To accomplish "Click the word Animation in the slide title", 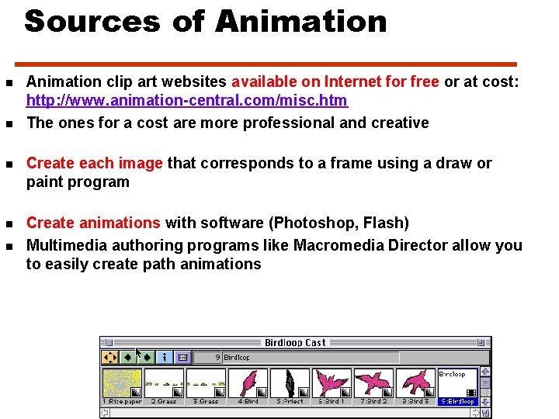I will (300, 21).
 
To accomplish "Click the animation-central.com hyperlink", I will (187, 101).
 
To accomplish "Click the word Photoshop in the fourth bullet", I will (307, 223).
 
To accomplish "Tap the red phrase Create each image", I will (95, 163).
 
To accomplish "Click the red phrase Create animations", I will (93, 223).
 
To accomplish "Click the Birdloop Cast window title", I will (295, 342).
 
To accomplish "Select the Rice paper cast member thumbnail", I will (122, 383).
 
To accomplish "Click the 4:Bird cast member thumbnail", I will (248, 383).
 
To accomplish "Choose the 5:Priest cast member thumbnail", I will (290, 383).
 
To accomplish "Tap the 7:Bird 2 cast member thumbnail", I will (373, 383).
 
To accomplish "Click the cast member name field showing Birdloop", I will (311, 358).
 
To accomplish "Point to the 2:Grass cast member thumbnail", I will (164, 383).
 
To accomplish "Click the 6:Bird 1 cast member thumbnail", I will (332, 383).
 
